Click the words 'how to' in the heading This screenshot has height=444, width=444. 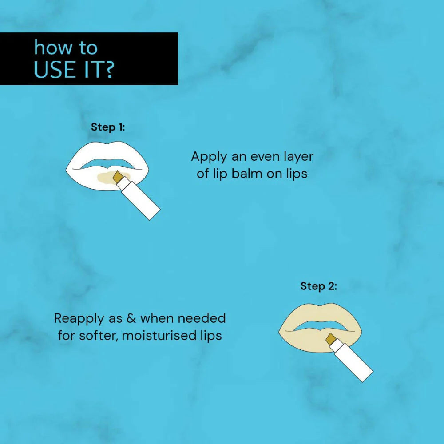66,48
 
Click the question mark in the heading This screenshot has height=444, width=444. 107,69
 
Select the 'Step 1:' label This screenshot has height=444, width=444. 108,127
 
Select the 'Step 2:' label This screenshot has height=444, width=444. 318,286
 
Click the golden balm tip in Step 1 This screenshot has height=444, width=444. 117,177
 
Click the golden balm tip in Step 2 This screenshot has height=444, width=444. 330,339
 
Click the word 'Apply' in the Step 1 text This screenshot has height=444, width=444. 209,157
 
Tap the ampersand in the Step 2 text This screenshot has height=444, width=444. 131,318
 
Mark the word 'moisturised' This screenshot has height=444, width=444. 159,336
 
